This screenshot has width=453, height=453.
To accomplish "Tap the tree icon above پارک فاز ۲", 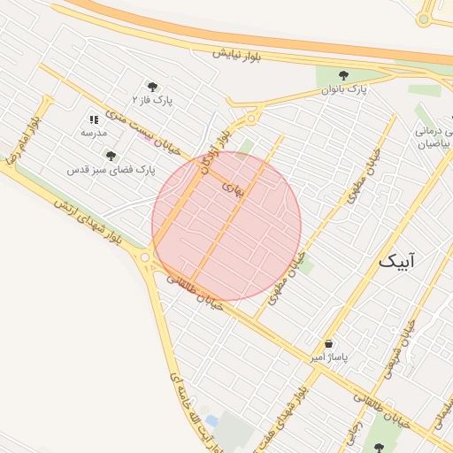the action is pos(152,87).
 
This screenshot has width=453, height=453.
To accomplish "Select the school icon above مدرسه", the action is pos(94,119).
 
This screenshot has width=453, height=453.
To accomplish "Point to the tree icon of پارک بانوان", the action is pos(343,76).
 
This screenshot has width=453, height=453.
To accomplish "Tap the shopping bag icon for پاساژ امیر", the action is pos(329,343).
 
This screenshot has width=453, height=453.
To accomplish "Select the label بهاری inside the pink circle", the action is pos(231,188).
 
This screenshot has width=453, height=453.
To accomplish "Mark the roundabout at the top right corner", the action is pos(426,18).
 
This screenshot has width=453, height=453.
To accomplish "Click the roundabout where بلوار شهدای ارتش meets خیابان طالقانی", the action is pos(144,257).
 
